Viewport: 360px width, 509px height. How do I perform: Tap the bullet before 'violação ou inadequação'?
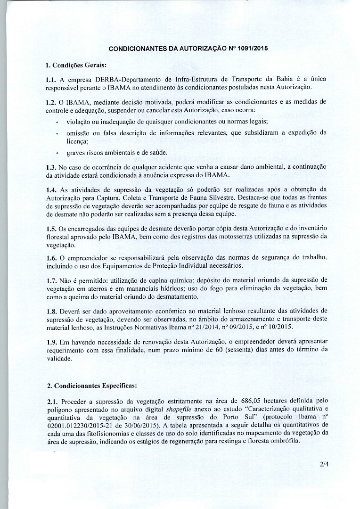(57, 122)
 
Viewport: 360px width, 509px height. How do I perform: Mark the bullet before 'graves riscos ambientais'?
(57, 153)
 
